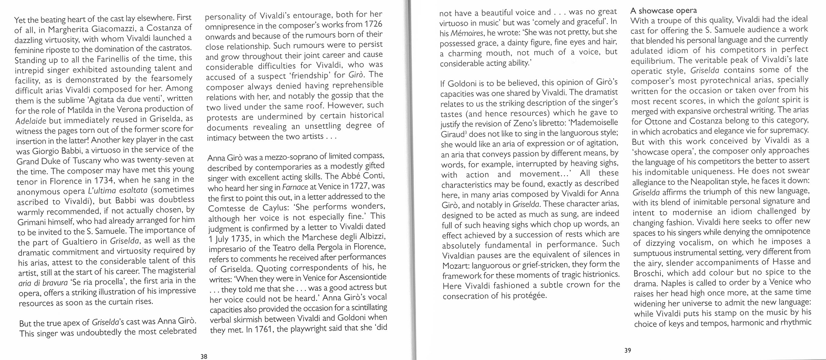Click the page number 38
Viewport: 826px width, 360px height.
204,356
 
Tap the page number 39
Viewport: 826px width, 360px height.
628,350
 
